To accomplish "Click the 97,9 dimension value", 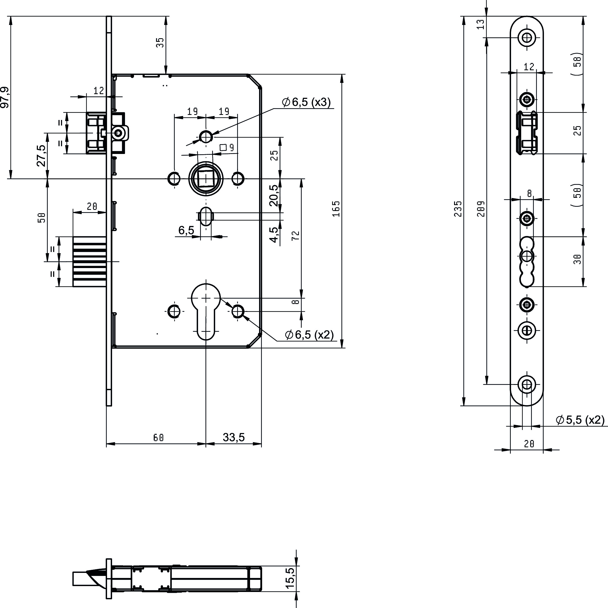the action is (x=5, y=97).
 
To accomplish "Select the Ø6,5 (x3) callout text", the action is (x=307, y=102).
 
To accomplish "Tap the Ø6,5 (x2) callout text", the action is (x=309, y=335).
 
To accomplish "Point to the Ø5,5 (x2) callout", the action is (x=580, y=420).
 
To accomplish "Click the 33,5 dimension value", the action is (x=234, y=437).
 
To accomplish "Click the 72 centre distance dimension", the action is (x=296, y=236).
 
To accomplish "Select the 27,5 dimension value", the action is (x=42, y=155).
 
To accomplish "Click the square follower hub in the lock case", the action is (x=206, y=178).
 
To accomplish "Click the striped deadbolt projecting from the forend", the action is (x=89, y=262).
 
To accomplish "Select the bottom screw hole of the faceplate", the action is (x=527, y=384).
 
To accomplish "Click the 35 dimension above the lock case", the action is (x=160, y=42).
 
